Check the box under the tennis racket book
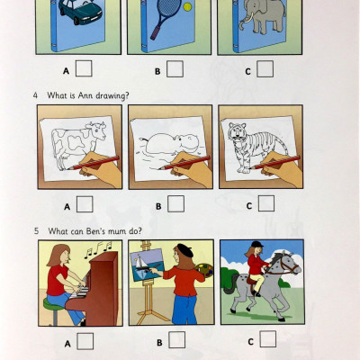click(175, 68)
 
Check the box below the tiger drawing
click(267, 204)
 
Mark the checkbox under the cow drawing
click(85, 204)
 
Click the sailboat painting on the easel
click(148, 268)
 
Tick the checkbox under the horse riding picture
click(267, 339)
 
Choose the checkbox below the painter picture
click(176, 339)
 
